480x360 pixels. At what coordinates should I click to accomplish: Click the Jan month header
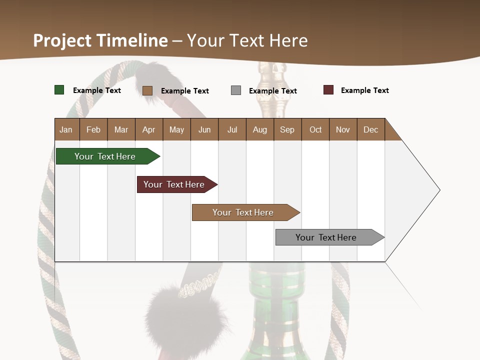66,129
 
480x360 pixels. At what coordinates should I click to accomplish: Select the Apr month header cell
148,129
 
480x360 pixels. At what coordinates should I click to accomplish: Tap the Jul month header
232,129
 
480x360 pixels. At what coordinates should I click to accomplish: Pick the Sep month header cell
287,129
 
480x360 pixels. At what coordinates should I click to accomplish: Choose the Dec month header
370,129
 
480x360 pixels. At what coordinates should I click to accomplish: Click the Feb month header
93,129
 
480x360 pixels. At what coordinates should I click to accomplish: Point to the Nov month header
342,129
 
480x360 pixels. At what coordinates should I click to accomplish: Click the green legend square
59,90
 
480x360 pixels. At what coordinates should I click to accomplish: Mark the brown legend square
147,90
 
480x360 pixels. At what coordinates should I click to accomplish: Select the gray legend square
236,90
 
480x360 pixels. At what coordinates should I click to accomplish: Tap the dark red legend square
328,90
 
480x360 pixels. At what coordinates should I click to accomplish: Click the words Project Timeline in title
100,40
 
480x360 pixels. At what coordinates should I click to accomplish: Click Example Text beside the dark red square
364,90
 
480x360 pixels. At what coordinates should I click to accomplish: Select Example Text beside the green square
97,90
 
